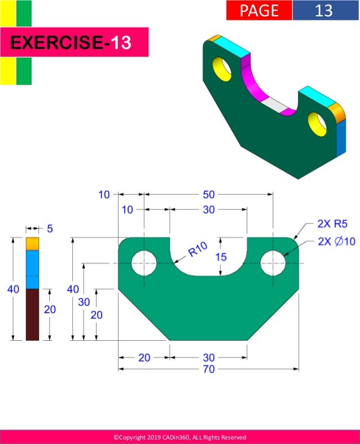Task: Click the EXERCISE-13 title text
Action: (x=71, y=43)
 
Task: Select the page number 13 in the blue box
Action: (x=324, y=10)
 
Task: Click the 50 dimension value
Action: (x=208, y=195)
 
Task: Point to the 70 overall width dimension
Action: (x=208, y=370)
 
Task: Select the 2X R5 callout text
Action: (x=331, y=224)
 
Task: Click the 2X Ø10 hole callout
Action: (x=336, y=241)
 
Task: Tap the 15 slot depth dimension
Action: (x=221, y=257)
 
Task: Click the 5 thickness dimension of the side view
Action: (x=49, y=228)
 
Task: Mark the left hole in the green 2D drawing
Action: (x=144, y=263)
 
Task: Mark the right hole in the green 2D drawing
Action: (x=273, y=263)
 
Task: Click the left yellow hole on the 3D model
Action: (x=222, y=68)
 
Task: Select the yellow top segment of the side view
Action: (x=32, y=244)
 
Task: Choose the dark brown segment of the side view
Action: (x=32, y=314)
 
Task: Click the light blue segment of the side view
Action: (x=32, y=269)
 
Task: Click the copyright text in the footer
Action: (x=179, y=437)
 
